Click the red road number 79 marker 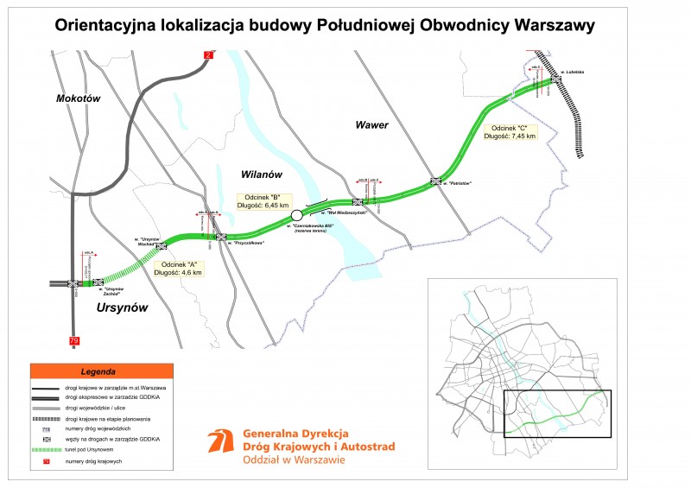point(73,341)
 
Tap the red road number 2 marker point(208,56)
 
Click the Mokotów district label point(79,98)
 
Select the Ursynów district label point(122,307)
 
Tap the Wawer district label point(372,125)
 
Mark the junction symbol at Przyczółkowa point(221,236)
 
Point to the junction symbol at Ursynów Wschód point(161,246)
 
